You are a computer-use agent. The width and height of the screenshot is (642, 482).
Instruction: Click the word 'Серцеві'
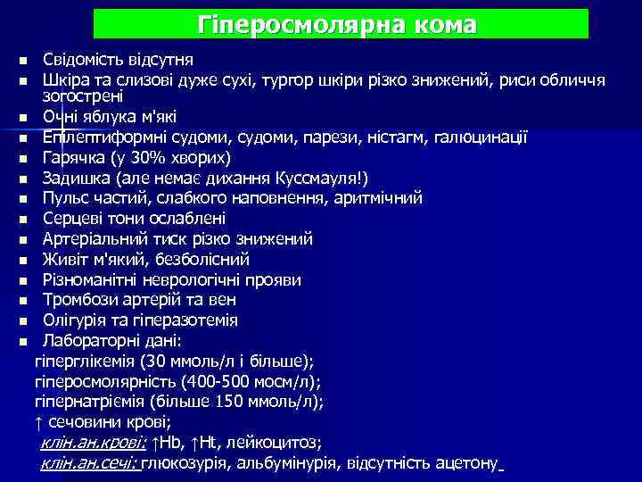click(x=72, y=218)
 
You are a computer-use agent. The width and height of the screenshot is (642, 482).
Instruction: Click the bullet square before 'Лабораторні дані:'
click(x=21, y=341)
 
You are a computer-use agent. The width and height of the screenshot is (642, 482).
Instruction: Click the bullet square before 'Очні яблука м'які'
click(x=21, y=117)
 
